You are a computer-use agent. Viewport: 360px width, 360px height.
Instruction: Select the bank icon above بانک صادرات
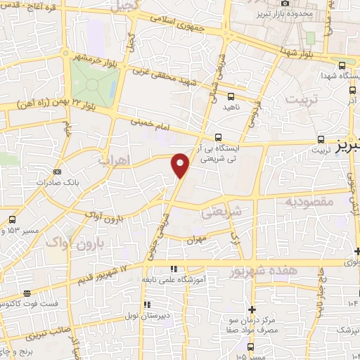pos(58,172)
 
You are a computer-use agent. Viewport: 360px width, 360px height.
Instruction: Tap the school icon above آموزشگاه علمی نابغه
pos(174,269)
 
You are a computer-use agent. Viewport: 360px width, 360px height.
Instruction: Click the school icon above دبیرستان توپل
pos(147,304)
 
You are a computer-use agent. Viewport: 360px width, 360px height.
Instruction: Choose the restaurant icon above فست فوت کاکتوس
pos(26,293)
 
